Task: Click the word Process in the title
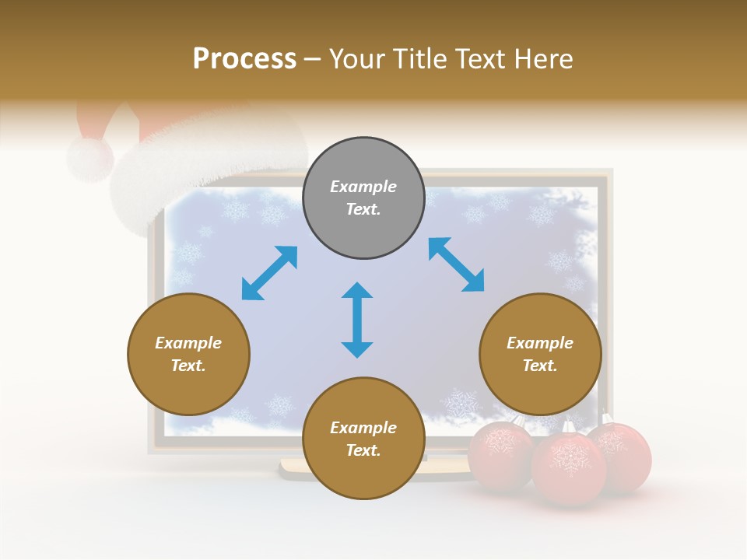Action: pos(244,59)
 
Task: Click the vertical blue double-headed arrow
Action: pos(357,320)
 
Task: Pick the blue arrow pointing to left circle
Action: pos(269,273)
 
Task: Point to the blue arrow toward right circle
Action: pos(456,264)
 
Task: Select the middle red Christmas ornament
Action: pos(569,469)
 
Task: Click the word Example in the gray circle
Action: pos(363,187)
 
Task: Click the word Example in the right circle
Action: pos(540,343)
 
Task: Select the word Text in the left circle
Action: pos(188,366)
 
